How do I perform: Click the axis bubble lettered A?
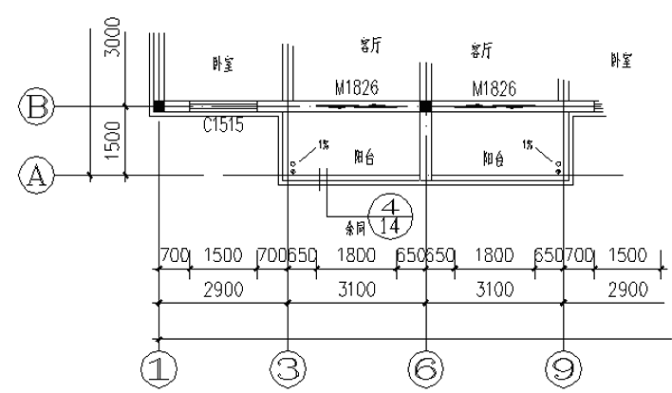[x=36, y=175]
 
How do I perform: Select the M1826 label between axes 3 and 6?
[x=357, y=89]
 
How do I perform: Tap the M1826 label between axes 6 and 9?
[x=494, y=89]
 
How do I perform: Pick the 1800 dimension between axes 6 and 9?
[x=494, y=257]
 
